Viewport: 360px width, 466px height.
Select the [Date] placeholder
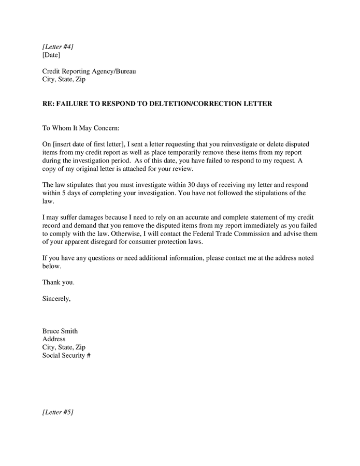[x=51, y=55]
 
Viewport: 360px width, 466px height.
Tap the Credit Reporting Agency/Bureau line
[x=89, y=71]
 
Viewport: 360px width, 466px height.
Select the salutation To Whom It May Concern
[x=80, y=128]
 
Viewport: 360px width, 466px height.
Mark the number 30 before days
[x=192, y=185]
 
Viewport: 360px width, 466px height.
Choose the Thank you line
[x=58, y=283]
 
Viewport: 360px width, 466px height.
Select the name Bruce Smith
[x=60, y=331]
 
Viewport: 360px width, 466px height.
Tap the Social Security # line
[x=66, y=356]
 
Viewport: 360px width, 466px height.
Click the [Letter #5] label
[x=57, y=412]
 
